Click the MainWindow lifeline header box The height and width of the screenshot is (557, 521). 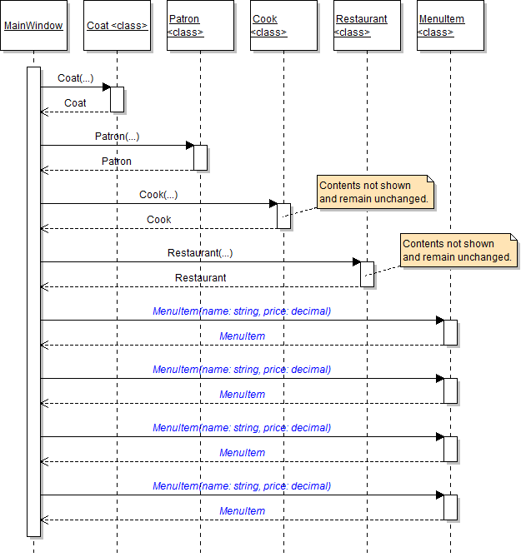coord(33,26)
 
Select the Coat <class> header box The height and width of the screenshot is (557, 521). coord(117,26)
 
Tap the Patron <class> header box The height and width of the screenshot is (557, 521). coord(200,26)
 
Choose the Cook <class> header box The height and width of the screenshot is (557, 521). coord(283,26)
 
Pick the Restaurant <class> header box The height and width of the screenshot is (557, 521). coord(367,26)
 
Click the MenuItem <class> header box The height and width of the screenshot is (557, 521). coord(450,26)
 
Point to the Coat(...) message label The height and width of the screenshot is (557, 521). coord(75,78)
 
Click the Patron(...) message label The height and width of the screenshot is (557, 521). coord(117,137)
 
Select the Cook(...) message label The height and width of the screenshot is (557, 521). coord(158,195)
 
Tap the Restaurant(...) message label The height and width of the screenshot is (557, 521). coord(200,253)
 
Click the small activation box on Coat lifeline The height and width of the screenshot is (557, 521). coord(117,99)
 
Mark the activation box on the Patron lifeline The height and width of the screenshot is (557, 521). coord(200,157)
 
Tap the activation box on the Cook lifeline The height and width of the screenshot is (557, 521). coord(283,216)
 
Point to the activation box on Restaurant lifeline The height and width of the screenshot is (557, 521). coord(367,274)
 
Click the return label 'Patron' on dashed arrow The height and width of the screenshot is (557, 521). coord(117,162)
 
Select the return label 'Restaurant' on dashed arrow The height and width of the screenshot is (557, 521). coord(200,278)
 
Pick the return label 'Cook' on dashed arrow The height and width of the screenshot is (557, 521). coord(158,220)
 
